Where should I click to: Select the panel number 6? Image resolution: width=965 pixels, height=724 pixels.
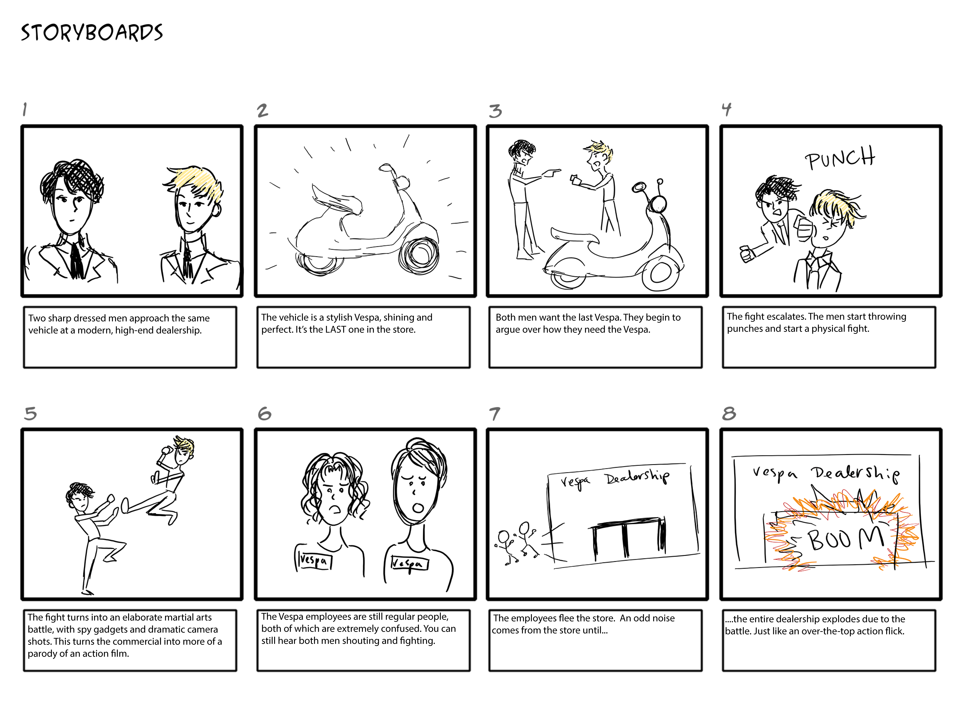264,413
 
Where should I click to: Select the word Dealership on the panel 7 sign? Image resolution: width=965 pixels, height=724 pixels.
637,477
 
